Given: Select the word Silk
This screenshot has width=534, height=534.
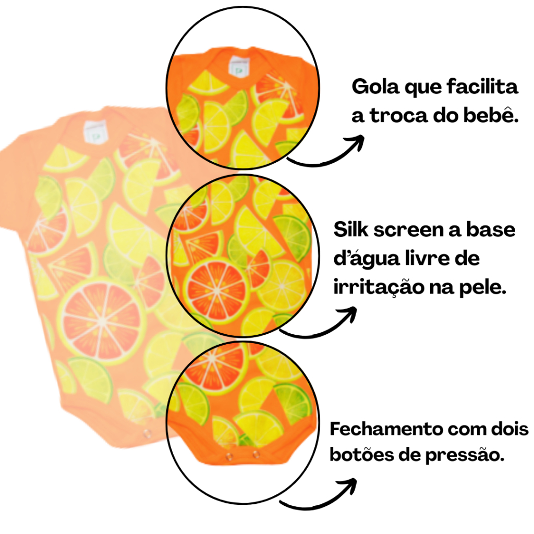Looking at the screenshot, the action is tap(351, 229).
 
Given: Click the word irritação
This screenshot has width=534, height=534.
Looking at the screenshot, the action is tap(379, 287).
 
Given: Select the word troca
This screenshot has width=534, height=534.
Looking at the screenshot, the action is tap(399, 116).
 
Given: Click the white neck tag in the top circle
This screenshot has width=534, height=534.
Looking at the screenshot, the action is tap(239, 66).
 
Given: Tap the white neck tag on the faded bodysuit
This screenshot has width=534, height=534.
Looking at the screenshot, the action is tap(95, 132).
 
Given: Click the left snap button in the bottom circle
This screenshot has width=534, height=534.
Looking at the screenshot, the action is tap(229, 456).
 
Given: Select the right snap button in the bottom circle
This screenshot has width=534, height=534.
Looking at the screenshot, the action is tap(257, 454).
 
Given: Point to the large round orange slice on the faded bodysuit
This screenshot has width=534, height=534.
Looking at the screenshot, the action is tap(102, 321).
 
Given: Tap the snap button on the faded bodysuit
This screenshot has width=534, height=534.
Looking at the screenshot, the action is tap(147, 433).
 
